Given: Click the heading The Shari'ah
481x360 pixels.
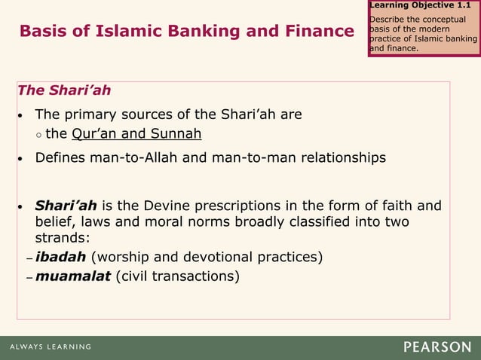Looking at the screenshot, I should click(64, 90).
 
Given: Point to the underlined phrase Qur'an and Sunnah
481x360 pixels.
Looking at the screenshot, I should click(136, 135).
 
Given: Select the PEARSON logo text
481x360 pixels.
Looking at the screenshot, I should click(437, 347).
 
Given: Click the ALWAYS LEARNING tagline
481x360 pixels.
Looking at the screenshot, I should click(51, 347).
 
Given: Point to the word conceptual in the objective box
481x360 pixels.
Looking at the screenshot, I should click(448, 19).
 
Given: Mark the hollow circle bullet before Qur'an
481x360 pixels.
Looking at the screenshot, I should click(38, 136).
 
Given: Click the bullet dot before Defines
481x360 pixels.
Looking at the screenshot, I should click(22, 159).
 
